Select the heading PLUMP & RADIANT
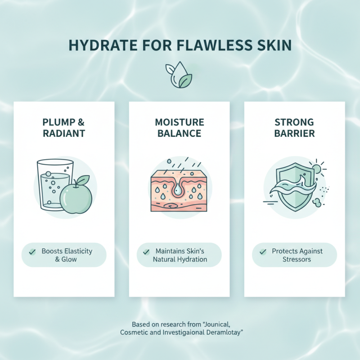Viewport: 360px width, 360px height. (64, 128)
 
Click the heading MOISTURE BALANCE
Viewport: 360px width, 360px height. (179, 128)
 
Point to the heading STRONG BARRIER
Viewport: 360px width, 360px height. (294, 128)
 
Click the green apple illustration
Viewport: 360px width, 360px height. (76, 197)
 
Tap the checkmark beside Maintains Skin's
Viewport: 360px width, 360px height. (146, 252)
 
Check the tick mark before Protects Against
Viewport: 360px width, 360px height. (263, 252)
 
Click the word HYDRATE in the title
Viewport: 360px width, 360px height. (94, 46)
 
